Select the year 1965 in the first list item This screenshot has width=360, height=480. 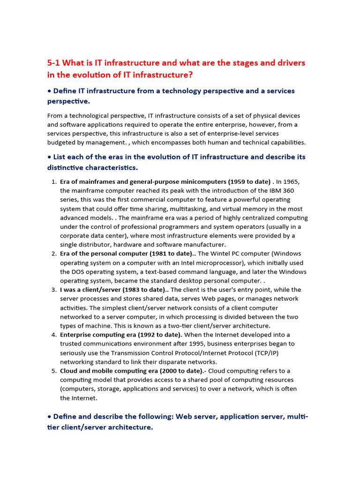click(292, 182)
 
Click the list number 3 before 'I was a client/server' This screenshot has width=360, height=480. click(53, 290)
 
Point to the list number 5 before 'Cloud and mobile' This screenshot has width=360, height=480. click(53, 371)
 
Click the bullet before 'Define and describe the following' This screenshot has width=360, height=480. click(49, 416)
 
